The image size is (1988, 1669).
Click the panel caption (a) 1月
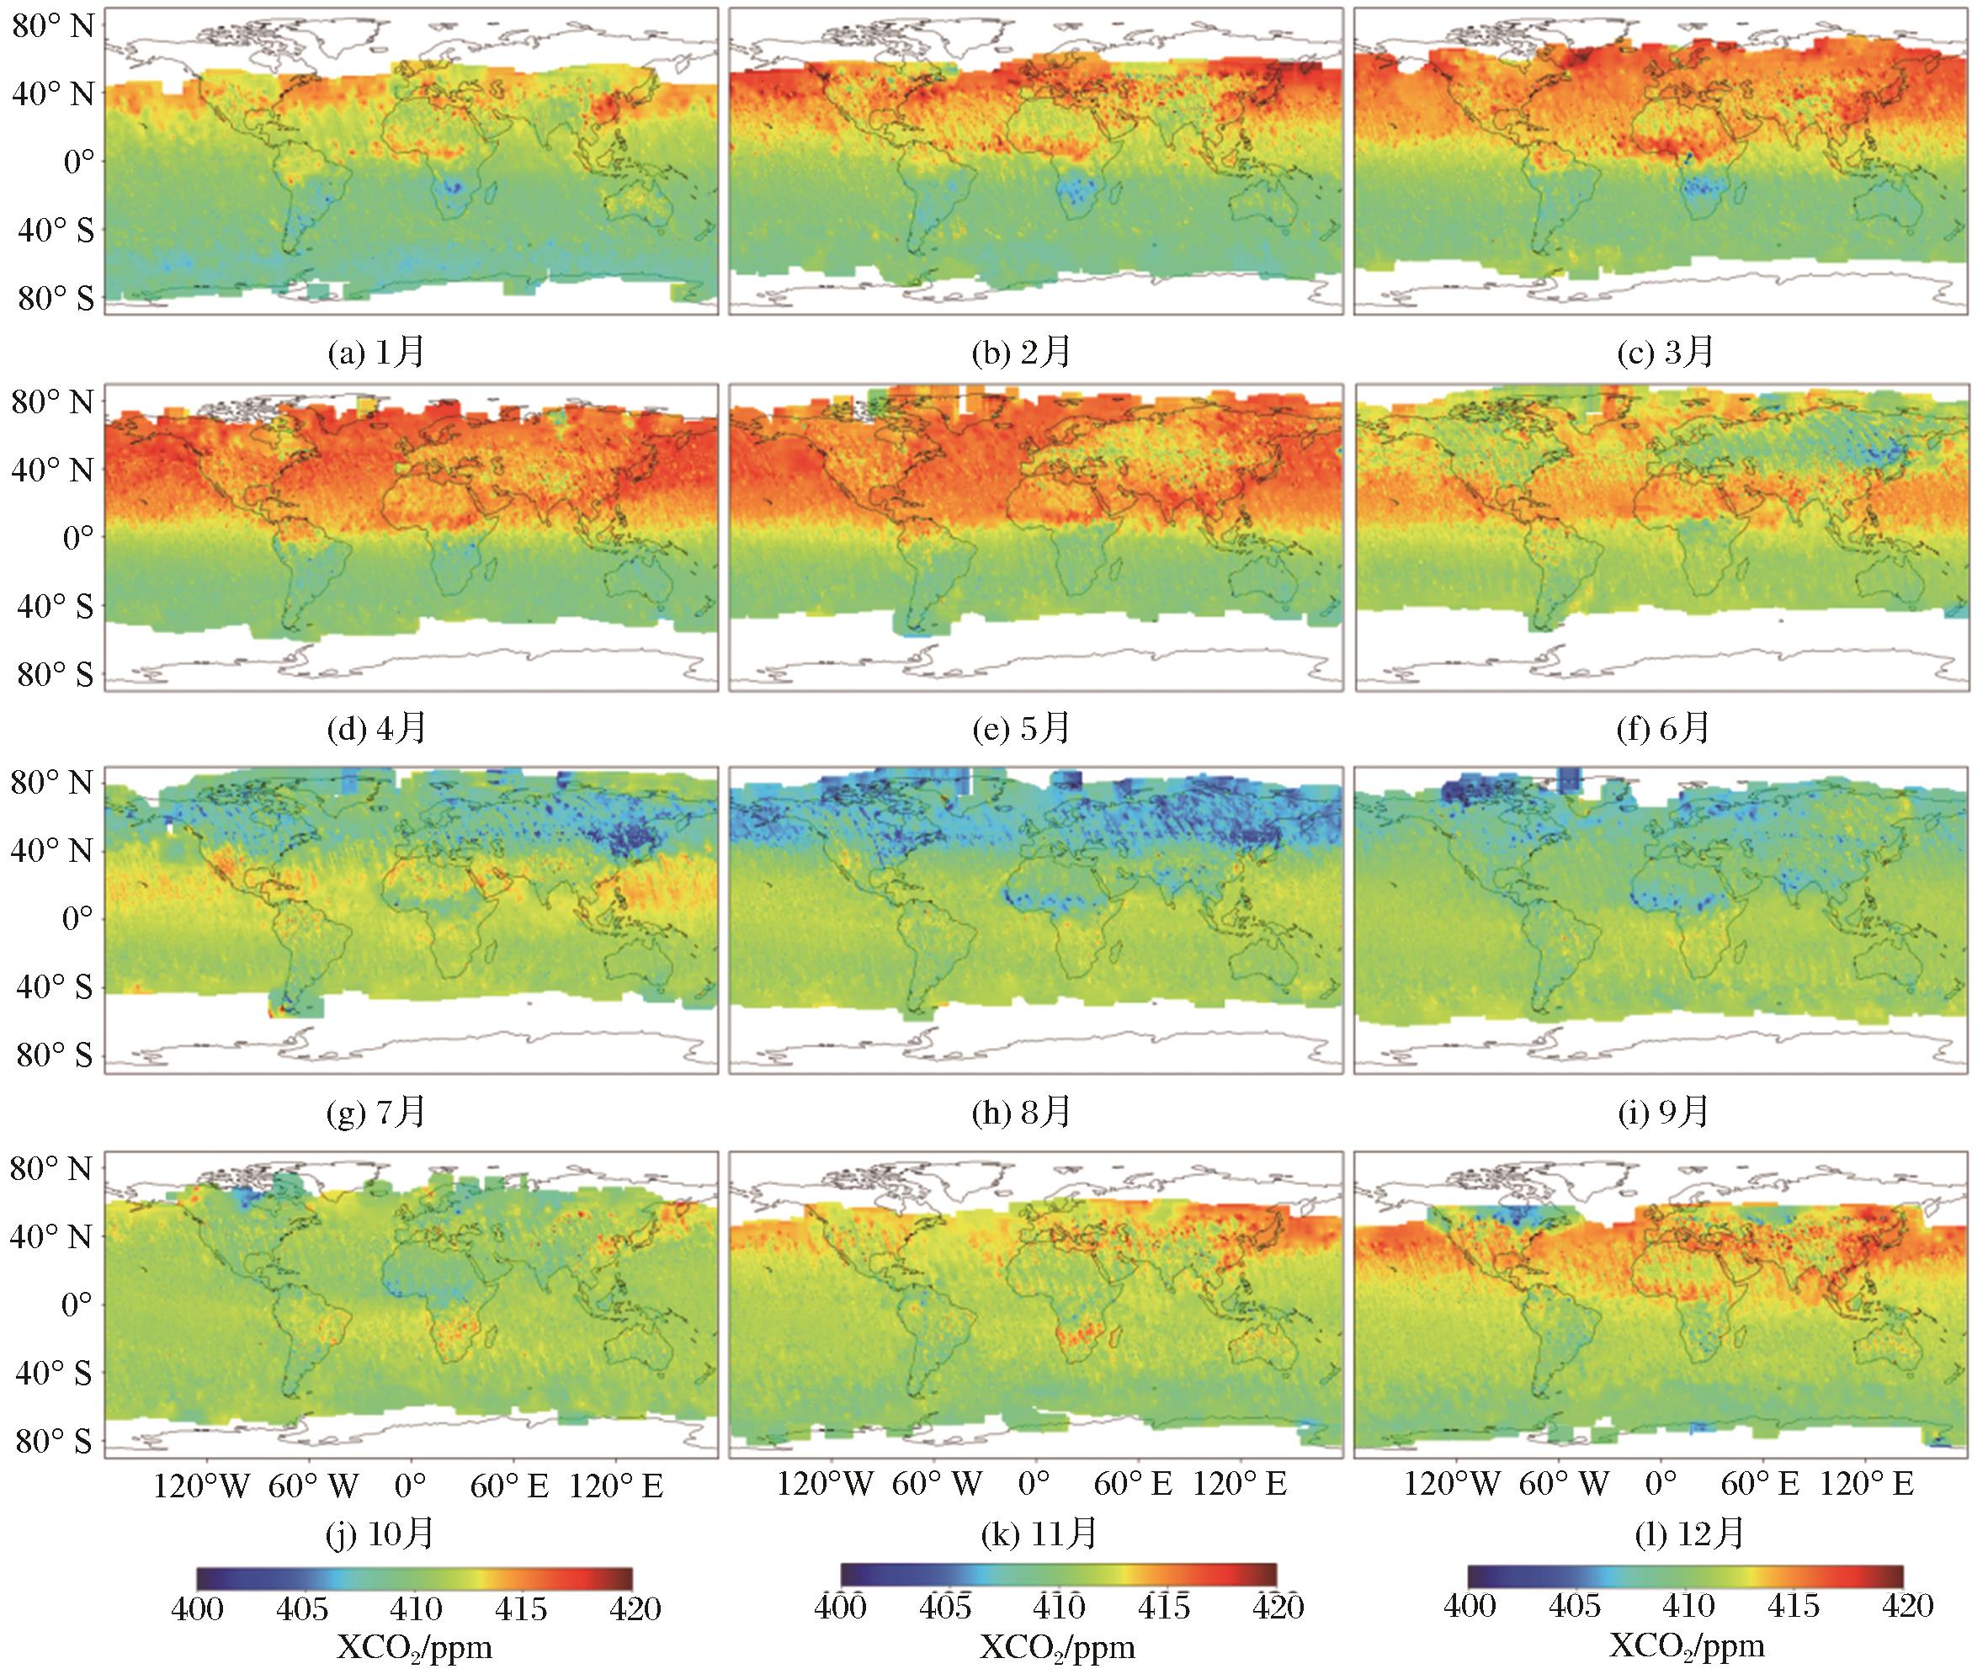click(x=376, y=352)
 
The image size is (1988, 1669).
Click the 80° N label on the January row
click(x=54, y=25)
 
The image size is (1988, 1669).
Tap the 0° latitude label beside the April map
click(x=78, y=538)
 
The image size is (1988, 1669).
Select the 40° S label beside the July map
click(x=54, y=987)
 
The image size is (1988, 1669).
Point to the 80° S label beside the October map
click(x=54, y=1441)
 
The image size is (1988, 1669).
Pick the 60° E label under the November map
click(x=1133, y=1484)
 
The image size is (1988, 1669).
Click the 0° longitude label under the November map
click(x=1033, y=1484)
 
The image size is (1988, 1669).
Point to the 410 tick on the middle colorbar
click(x=1057, y=1607)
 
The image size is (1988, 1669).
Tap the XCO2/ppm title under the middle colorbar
click(x=1057, y=1648)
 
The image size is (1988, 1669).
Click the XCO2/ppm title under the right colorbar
click(x=1687, y=1647)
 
